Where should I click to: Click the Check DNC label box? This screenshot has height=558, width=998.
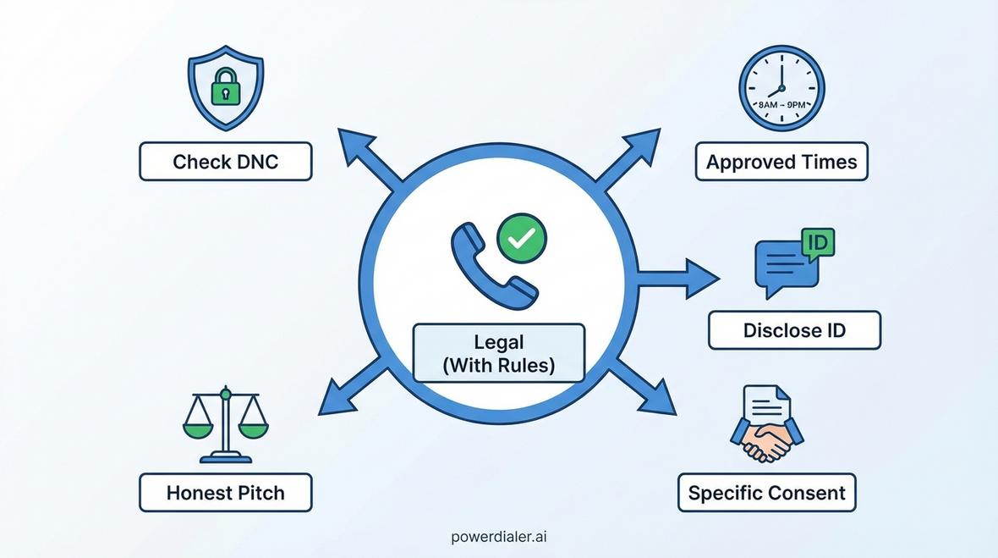pyautogui.click(x=225, y=162)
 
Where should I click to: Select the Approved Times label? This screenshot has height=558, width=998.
pyautogui.click(x=781, y=162)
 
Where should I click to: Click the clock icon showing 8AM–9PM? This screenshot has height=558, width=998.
pyautogui.click(x=781, y=88)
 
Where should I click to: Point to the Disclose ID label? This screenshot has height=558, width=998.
pyautogui.click(x=794, y=330)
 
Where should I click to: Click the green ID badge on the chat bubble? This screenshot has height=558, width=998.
pyautogui.click(x=817, y=244)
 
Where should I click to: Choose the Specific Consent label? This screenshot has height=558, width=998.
pyautogui.click(x=766, y=493)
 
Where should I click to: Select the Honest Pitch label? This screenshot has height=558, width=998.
pyautogui.click(x=225, y=493)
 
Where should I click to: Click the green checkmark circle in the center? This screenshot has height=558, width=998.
pyautogui.click(x=521, y=239)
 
